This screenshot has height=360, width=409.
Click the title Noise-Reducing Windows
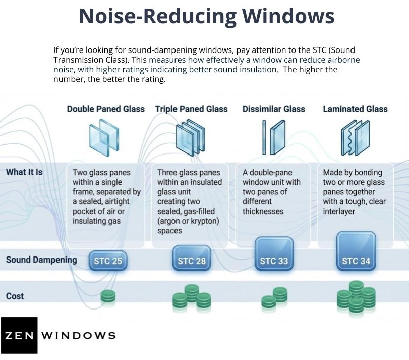coord(206,16)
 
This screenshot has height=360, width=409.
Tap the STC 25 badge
coord(107,261)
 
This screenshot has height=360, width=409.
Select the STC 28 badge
coord(192,261)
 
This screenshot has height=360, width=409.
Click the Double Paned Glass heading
coord(105,109)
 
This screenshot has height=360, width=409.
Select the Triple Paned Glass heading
coord(191,109)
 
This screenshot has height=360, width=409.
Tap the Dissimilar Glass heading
coord(274,109)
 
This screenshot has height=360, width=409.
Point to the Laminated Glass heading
coord(355,109)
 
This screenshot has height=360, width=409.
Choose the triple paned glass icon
coord(191,135)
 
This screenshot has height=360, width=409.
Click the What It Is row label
coord(24,172)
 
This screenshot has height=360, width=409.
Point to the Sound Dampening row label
coord(41,260)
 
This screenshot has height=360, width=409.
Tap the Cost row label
coord(15,296)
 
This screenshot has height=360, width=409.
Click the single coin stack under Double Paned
coord(107,297)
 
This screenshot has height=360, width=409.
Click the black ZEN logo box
coord(19,335)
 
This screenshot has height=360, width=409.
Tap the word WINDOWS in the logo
coord(78,335)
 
